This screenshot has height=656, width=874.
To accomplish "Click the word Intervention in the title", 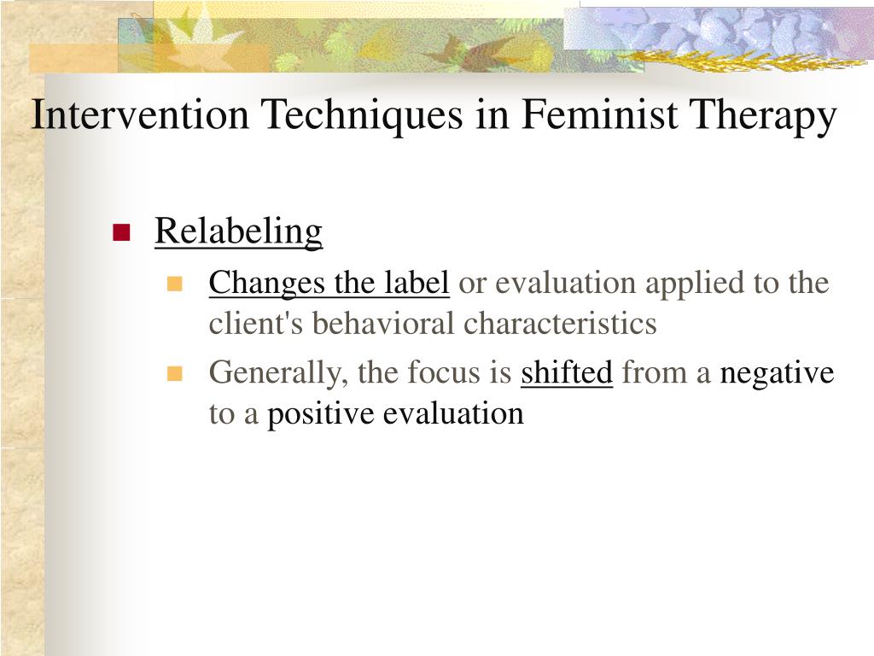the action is [x=140, y=114].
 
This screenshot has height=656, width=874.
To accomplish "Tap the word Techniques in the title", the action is [x=363, y=114].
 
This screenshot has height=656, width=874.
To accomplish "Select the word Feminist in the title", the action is [x=600, y=114].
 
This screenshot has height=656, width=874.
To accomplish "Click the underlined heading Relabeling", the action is [x=239, y=231].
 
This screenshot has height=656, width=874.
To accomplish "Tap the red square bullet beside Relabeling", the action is [x=121, y=232].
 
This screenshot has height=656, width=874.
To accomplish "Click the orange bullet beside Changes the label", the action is [x=174, y=284].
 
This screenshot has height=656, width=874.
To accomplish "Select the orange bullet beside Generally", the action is [x=174, y=373].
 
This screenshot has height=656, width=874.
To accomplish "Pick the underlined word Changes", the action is [x=267, y=284].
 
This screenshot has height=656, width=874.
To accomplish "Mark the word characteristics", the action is [x=560, y=324].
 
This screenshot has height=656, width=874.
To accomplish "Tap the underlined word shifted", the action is [x=567, y=372].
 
